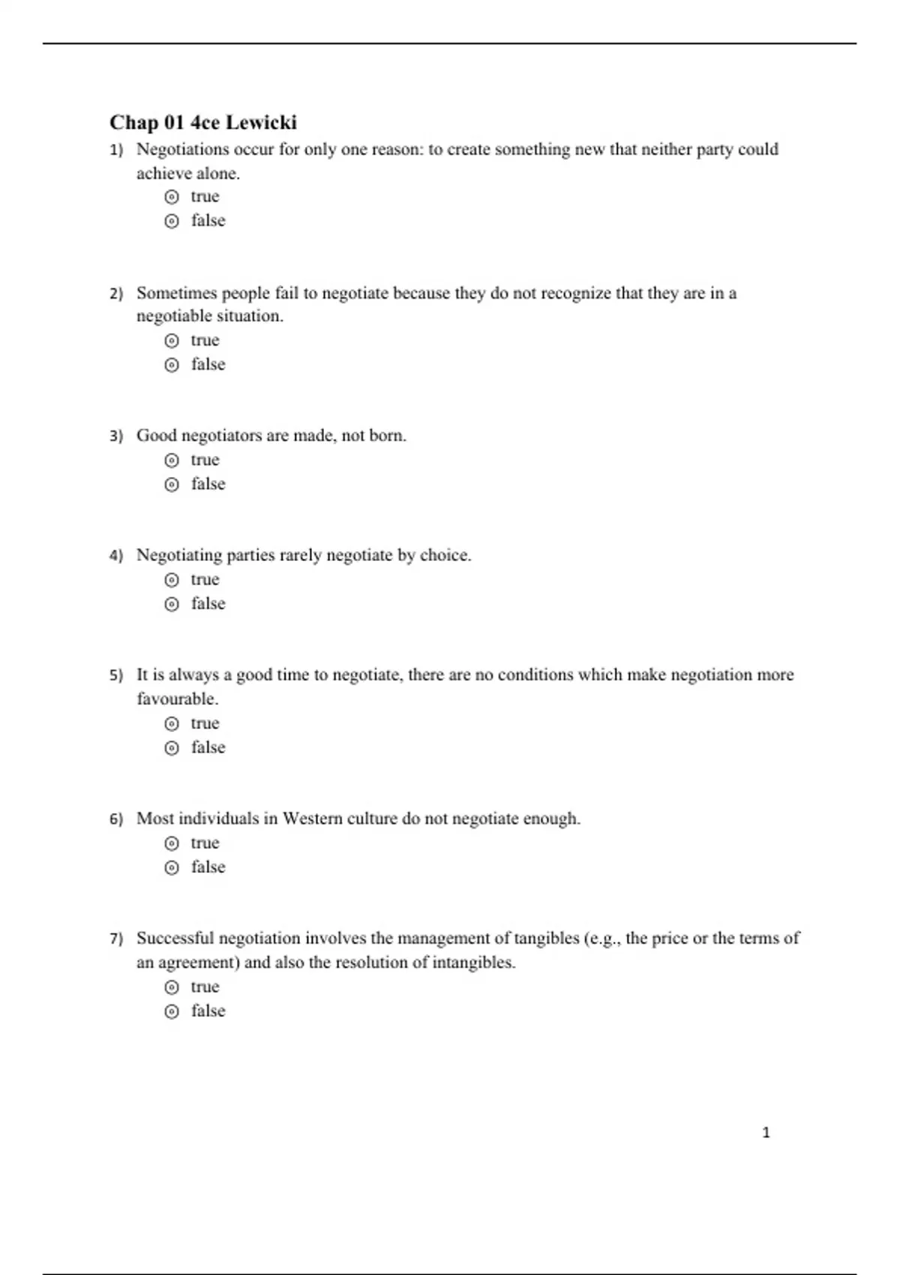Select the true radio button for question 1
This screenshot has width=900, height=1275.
172,197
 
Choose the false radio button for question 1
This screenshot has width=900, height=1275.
172,221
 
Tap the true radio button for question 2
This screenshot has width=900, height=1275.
172,341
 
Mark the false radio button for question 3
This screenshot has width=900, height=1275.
172,484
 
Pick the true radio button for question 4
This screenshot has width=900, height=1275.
172,580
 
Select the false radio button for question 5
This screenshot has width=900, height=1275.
172,748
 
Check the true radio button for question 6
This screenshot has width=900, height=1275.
172,844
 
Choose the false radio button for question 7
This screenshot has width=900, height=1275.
172,1012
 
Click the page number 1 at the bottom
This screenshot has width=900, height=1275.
766,1132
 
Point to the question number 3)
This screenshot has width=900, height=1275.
115,436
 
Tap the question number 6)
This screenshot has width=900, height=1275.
115,819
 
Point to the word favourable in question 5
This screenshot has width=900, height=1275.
176,699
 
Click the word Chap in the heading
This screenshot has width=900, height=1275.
133,122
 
